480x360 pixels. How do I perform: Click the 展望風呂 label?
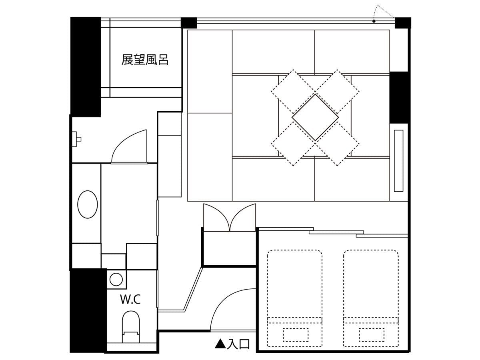145,60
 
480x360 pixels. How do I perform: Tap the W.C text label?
130,299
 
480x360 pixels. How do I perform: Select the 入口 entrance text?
238,344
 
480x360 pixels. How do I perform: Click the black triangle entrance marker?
220,344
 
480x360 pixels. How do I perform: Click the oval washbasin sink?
88,204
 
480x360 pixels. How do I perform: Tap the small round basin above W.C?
116,280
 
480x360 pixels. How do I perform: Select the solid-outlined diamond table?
315,117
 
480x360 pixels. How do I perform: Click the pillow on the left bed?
296,335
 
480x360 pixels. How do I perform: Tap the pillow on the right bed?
372,335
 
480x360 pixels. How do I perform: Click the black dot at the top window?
374,21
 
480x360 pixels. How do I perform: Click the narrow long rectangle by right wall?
399,161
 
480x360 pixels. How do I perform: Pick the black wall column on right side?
399,98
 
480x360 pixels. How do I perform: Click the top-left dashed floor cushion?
293,92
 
